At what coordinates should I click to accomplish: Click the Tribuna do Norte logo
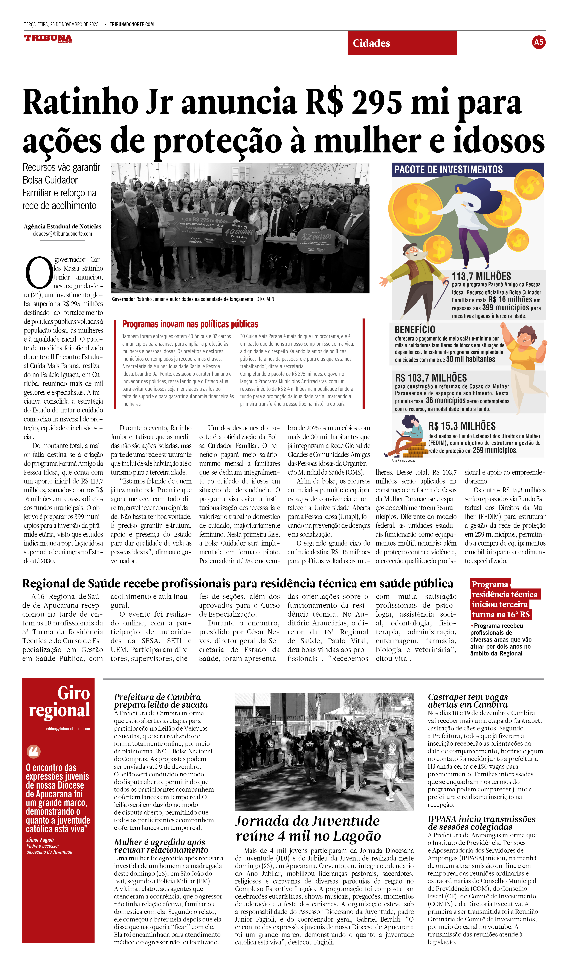coord(48,38)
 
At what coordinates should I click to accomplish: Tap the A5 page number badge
coord(538,42)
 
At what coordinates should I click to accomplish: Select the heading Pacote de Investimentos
coord(448,170)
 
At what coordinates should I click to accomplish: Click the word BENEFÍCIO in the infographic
coord(415,330)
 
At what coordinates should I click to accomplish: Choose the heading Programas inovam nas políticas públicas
coord(190,324)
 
